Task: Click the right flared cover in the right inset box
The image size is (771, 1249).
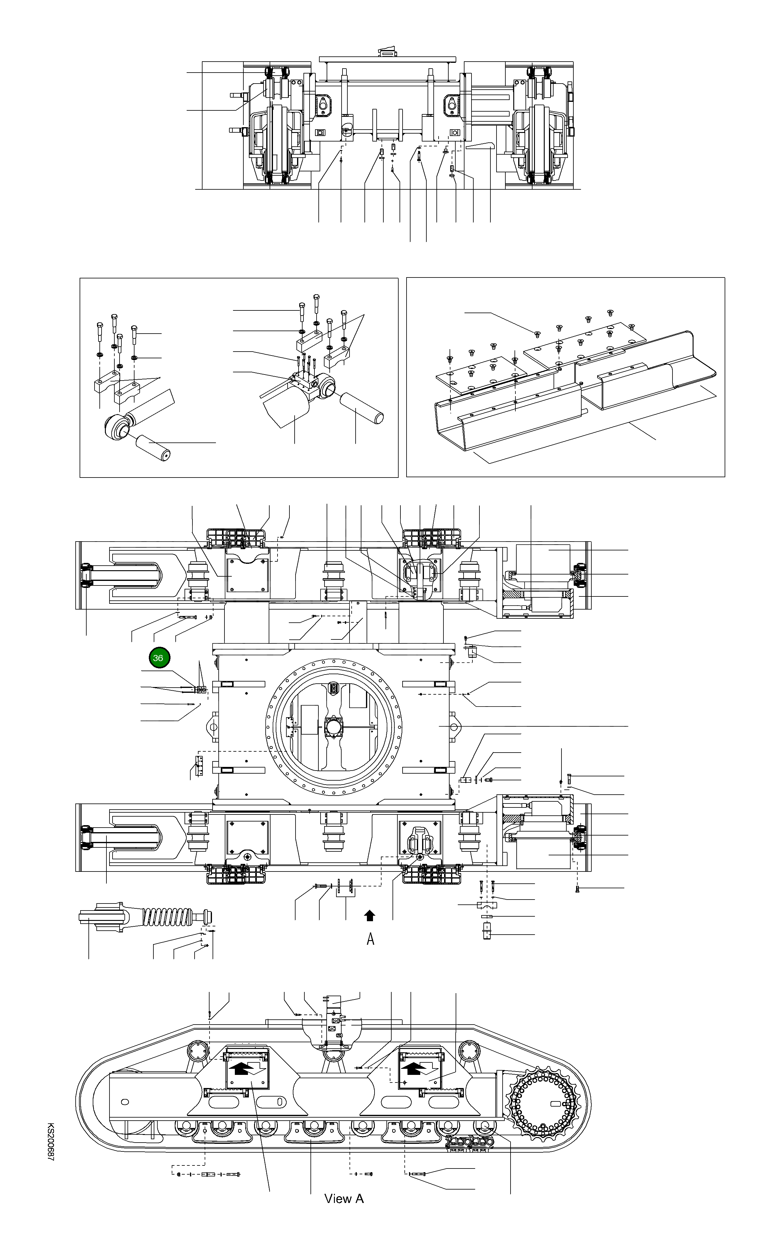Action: click(x=658, y=372)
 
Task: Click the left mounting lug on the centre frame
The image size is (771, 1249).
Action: click(x=212, y=726)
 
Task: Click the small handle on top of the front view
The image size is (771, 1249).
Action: click(x=386, y=51)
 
